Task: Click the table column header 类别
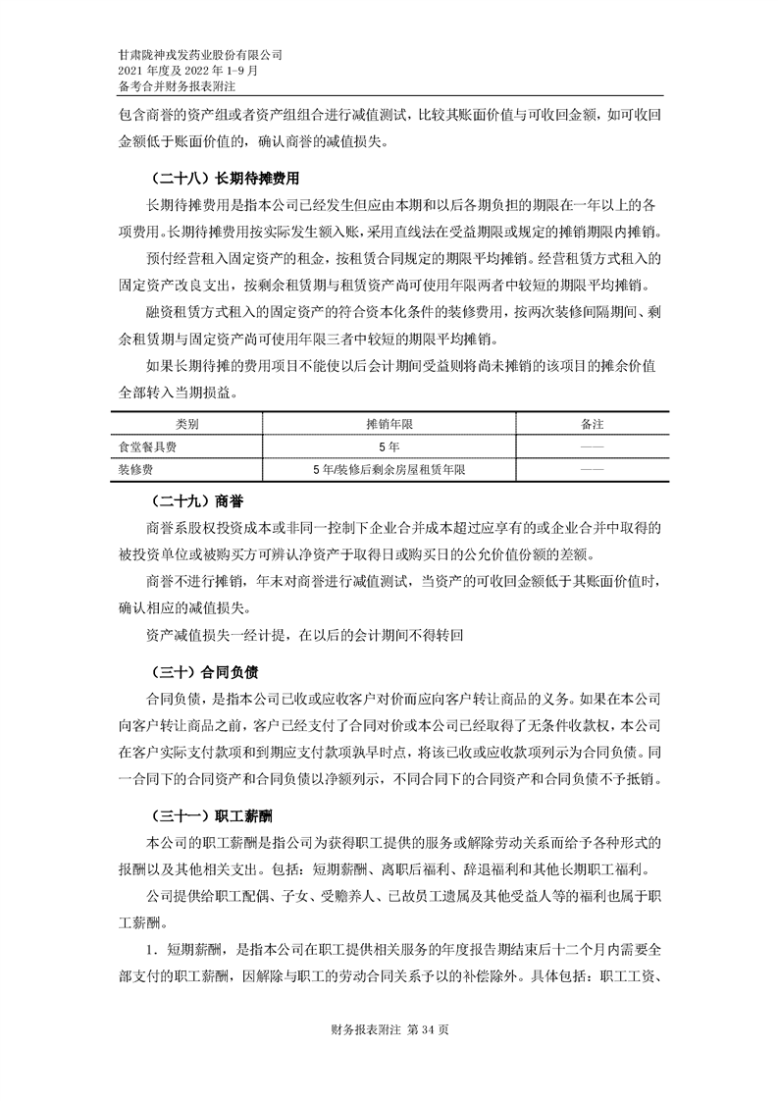[187, 424]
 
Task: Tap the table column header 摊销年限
[389, 424]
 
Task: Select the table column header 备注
[592, 424]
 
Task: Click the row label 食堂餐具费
[148, 447]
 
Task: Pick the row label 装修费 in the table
[136, 470]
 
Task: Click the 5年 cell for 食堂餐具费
[389, 447]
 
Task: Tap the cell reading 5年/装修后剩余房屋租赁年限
[389, 470]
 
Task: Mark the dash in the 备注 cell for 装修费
[592, 470]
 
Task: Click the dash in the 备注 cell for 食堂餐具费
[592, 447]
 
